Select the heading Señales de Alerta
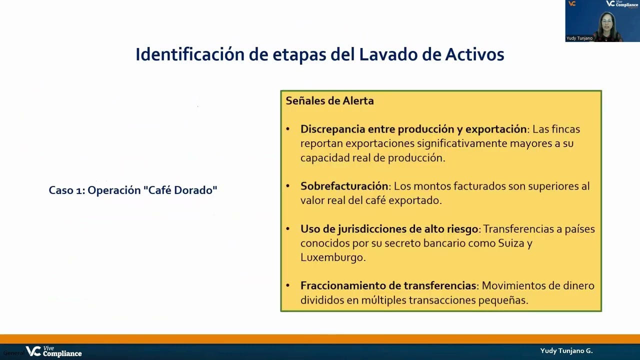tap(329, 101)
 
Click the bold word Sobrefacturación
tap(344, 186)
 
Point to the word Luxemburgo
tap(332, 257)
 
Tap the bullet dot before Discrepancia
tap(287, 129)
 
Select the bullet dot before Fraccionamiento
tap(287, 285)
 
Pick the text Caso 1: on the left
tap(66, 190)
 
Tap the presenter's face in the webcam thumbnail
tap(608, 22)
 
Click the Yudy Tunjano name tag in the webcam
tap(579, 38)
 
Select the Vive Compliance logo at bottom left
tap(54, 351)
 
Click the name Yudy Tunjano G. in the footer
tap(566, 351)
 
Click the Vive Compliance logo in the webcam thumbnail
tap(622, 4)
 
